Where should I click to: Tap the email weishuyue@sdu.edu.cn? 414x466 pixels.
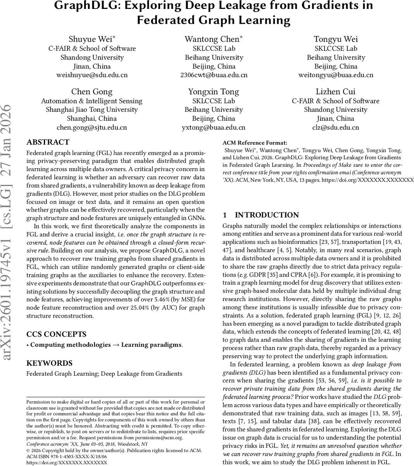(x=92, y=75)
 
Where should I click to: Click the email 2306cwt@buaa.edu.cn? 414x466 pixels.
(x=214, y=75)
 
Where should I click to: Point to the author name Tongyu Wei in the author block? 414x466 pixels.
(x=336, y=39)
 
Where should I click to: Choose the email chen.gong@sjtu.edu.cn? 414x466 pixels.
(x=92, y=127)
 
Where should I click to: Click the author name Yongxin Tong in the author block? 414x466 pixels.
(x=214, y=92)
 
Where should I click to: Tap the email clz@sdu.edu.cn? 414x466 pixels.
(x=336, y=127)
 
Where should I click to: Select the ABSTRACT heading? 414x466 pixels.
(x=48, y=142)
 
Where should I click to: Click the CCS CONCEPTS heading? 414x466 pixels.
(x=56, y=334)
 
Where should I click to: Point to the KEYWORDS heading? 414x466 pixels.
(x=49, y=363)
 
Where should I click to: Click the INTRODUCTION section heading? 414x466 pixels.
(x=267, y=215)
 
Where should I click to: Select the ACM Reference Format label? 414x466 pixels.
(x=255, y=143)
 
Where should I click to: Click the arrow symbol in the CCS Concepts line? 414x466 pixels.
(x=116, y=345)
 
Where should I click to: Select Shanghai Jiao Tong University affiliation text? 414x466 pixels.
(x=92, y=110)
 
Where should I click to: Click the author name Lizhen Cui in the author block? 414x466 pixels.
(x=336, y=92)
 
